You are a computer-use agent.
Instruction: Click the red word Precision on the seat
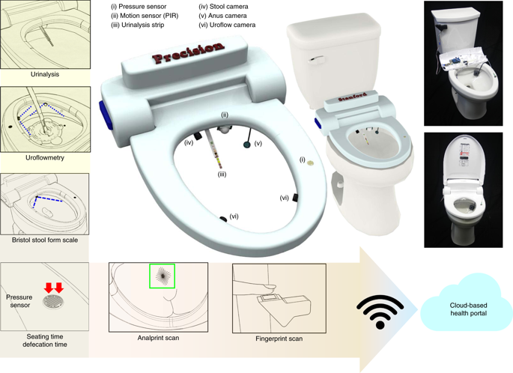click(x=189, y=52)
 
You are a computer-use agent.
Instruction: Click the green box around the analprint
click(x=162, y=276)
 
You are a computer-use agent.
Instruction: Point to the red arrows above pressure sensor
click(x=54, y=288)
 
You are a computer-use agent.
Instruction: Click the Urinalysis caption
click(x=45, y=75)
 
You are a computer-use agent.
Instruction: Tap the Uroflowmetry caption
click(x=45, y=157)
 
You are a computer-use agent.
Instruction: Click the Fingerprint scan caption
click(x=279, y=339)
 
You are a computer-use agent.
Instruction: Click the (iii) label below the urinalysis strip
click(x=222, y=175)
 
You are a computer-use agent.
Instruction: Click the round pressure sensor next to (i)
click(x=311, y=161)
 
